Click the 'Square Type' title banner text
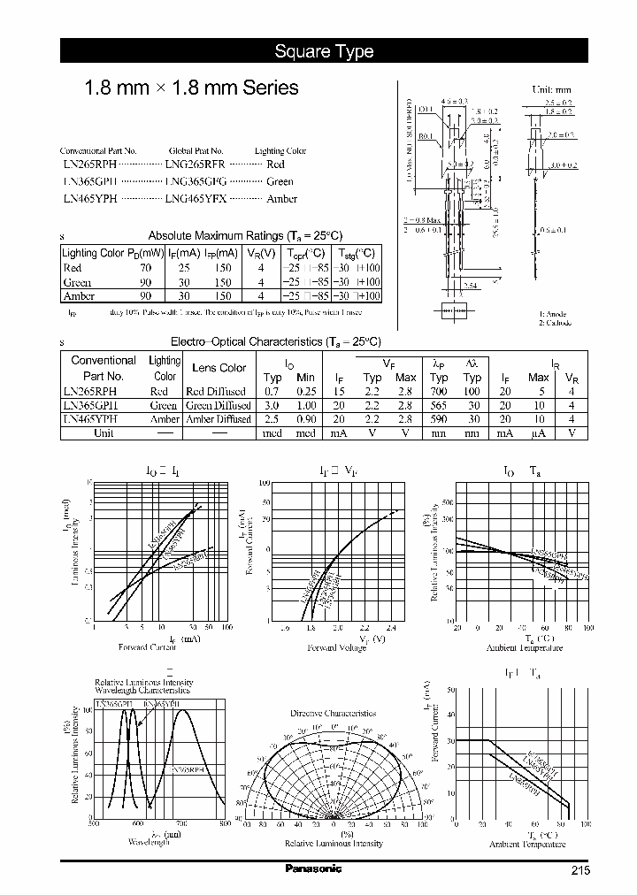[x=324, y=51]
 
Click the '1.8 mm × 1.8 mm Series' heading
[x=190, y=88]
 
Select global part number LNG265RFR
[x=196, y=164]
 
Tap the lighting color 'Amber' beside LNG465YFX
[x=281, y=199]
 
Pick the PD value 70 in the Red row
[x=145, y=267]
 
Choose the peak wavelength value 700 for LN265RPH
[x=439, y=392]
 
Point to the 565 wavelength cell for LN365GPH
[x=439, y=406]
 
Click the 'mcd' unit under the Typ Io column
[x=272, y=433]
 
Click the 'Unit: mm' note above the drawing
[x=550, y=89]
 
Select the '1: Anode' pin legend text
[x=555, y=314]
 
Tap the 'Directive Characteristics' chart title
[x=333, y=713]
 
